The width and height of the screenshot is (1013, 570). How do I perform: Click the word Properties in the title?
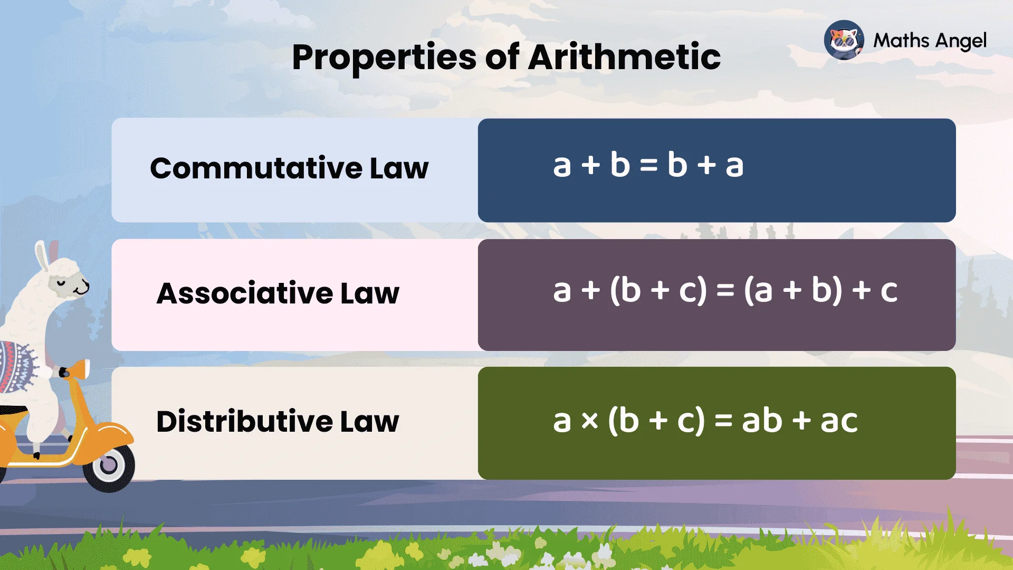pyautogui.click(x=384, y=57)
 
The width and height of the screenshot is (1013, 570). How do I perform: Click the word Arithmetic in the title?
pyautogui.click(x=624, y=57)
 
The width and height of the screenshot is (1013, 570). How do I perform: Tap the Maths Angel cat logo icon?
pyautogui.click(x=844, y=40)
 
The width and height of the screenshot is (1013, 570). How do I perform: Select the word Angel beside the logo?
pyautogui.click(x=960, y=41)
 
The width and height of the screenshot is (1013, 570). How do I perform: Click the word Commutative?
pyautogui.click(x=256, y=168)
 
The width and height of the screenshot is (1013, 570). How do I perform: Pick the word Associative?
pyautogui.click(x=245, y=293)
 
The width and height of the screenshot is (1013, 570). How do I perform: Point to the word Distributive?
pyautogui.click(x=244, y=421)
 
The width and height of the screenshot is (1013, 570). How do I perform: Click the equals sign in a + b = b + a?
pyautogui.click(x=648, y=166)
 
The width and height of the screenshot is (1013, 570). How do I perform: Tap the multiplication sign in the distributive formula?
pyautogui.click(x=590, y=421)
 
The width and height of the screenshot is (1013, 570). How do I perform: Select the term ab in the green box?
pyautogui.click(x=762, y=421)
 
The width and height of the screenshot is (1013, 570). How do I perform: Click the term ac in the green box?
pyautogui.click(x=839, y=421)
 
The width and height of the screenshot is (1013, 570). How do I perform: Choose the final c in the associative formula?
pyautogui.click(x=888, y=291)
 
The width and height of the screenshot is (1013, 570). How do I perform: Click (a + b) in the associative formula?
pyautogui.click(x=793, y=290)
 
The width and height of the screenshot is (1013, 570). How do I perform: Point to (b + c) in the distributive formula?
pyautogui.click(x=656, y=421)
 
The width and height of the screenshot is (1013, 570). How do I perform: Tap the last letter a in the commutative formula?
pyautogui.click(x=734, y=166)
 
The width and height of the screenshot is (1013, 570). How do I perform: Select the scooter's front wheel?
pyautogui.click(x=109, y=465)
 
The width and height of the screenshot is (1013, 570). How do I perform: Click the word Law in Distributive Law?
pyautogui.click(x=369, y=421)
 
